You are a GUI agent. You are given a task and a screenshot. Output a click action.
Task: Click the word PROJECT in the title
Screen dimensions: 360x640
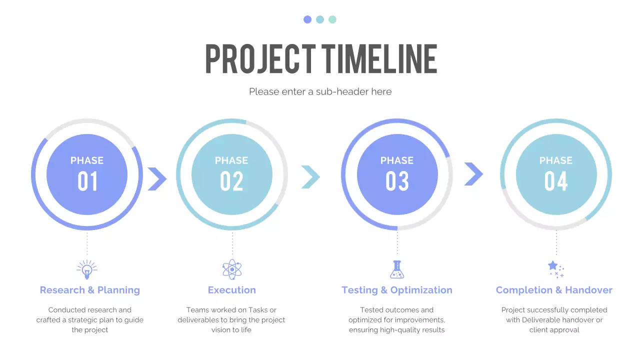click(260, 59)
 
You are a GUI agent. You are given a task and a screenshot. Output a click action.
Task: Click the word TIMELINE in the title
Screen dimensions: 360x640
click(379, 59)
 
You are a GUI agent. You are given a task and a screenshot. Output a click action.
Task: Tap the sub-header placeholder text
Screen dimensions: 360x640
click(320, 91)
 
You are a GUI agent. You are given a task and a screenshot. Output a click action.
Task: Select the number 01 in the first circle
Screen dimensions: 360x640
click(87, 181)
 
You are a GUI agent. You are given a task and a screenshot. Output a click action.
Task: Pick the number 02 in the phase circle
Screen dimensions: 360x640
click(231, 181)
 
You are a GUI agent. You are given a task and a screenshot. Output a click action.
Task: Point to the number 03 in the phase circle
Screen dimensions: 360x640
click(397, 181)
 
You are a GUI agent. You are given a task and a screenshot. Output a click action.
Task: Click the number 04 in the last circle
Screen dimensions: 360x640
click(556, 181)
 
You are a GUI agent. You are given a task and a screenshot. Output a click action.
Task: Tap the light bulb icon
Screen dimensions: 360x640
click(87, 269)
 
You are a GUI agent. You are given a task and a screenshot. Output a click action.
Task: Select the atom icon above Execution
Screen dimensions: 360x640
click(232, 269)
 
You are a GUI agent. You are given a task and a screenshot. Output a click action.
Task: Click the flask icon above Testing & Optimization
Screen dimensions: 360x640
click(397, 269)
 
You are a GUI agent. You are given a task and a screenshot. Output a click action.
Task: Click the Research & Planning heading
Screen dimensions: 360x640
click(90, 290)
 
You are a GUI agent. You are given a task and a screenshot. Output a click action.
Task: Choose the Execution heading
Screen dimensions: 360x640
click(232, 290)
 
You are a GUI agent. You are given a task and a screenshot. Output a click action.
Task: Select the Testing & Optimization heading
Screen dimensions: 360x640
click(397, 290)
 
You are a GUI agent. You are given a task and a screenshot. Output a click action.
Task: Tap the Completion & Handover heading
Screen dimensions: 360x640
click(554, 290)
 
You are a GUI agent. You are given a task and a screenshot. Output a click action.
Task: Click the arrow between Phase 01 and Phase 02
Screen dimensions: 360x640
click(157, 178)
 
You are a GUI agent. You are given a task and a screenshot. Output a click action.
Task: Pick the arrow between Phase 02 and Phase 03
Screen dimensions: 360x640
click(310, 177)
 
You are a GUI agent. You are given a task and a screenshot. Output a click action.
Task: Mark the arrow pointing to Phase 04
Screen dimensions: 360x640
click(473, 174)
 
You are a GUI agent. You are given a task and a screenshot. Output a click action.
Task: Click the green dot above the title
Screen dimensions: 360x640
click(332, 19)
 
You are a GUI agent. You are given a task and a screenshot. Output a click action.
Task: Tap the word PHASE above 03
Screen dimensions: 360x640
click(397, 160)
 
